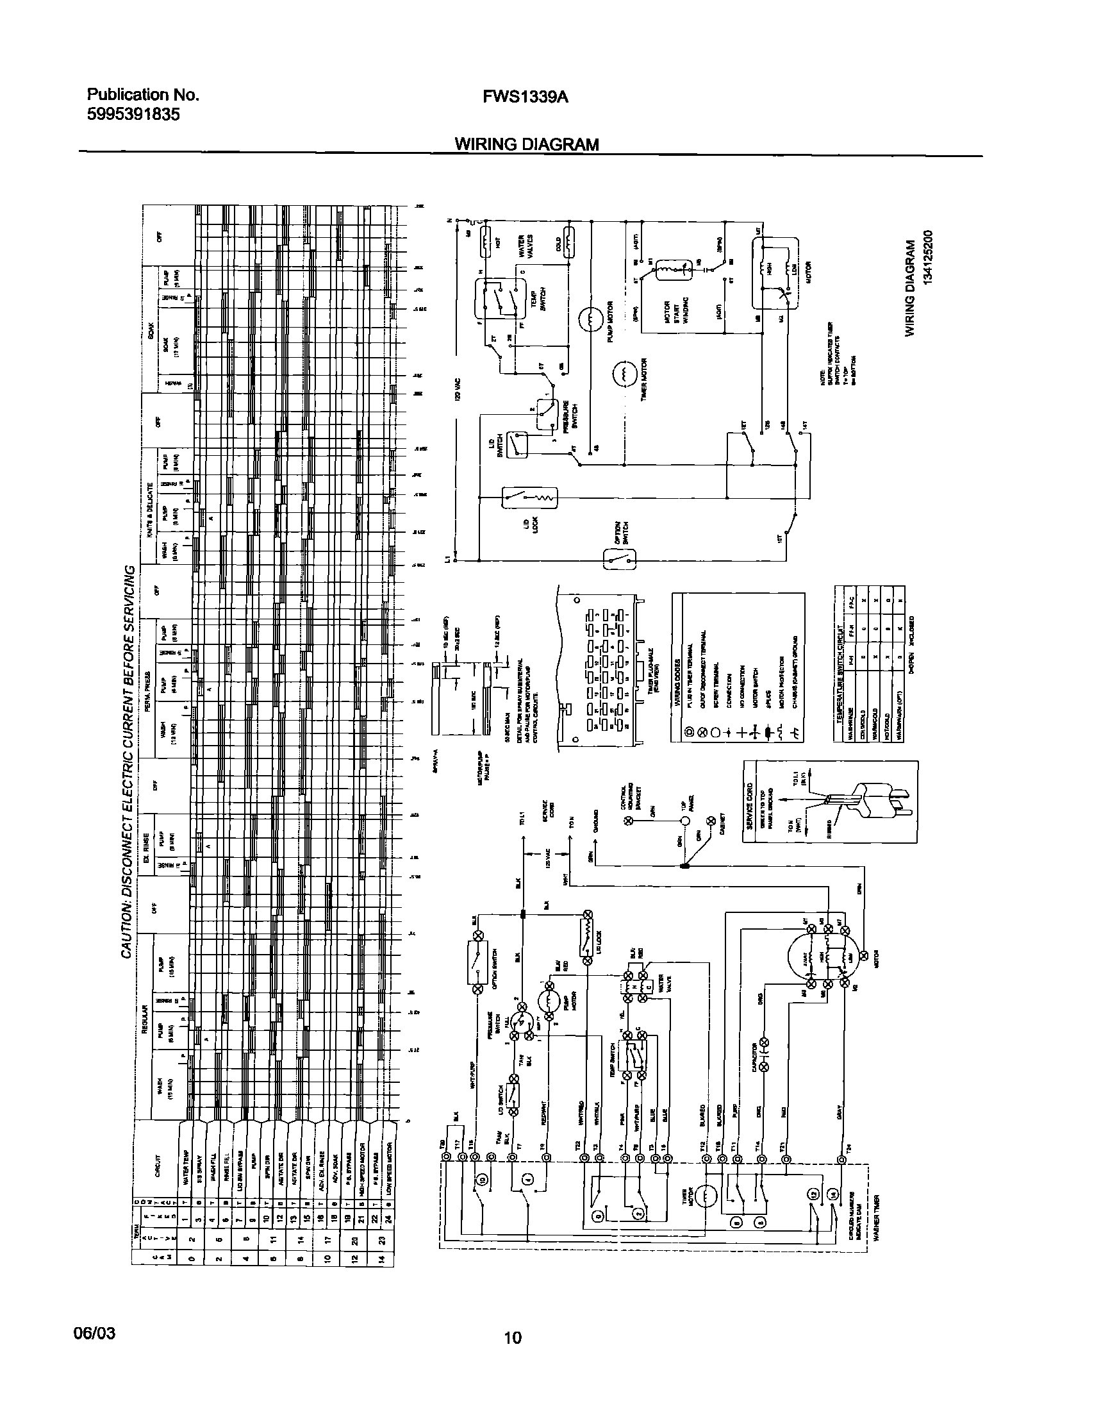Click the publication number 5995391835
(133, 115)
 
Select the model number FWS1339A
(526, 97)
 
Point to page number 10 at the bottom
(513, 1337)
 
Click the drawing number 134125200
(928, 268)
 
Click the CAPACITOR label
(755, 1058)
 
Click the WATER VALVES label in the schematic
(526, 246)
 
